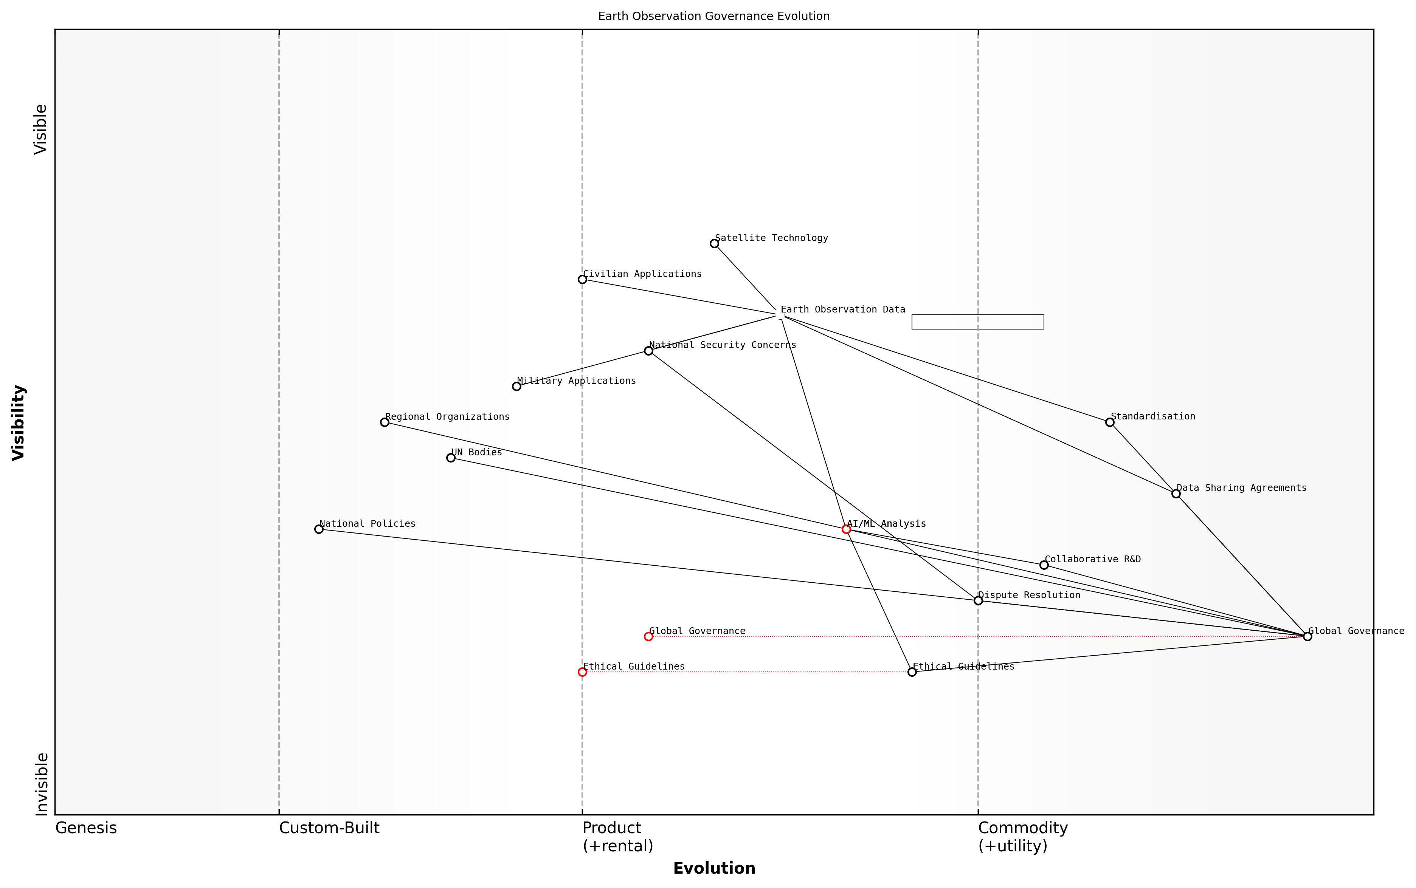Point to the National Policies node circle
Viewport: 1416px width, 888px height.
tap(318, 529)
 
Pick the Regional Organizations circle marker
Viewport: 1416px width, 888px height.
tap(384, 422)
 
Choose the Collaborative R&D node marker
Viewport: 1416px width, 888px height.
tap(1044, 565)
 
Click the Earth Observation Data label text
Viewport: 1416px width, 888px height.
tap(842, 309)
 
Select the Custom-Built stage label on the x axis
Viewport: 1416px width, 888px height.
tap(329, 828)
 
